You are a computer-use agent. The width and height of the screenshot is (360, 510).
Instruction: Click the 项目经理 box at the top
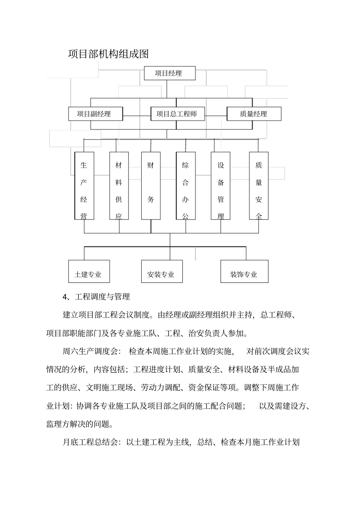click(x=169, y=73)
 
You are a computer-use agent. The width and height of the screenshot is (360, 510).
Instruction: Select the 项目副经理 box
click(x=95, y=114)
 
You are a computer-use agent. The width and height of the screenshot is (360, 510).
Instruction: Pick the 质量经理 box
click(x=254, y=114)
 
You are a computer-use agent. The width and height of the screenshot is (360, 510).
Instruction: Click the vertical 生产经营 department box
click(x=84, y=186)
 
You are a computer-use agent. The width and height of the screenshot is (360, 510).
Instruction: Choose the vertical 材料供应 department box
click(x=119, y=186)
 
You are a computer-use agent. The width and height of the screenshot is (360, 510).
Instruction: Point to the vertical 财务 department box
click(x=151, y=186)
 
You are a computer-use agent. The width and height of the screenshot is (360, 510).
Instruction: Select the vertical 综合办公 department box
click(x=186, y=186)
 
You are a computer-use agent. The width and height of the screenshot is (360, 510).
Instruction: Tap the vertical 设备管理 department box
click(x=221, y=186)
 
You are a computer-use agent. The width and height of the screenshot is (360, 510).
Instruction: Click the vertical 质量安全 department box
click(x=259, y=186)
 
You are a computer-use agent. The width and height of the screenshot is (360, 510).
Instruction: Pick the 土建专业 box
click(x=89, y=271)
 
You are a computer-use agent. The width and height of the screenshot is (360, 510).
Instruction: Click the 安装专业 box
click(x=162, y=271)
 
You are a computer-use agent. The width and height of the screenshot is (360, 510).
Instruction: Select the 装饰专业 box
click(x=244, y=271)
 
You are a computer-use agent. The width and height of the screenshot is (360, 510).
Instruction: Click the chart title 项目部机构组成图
click(x=108, y=54)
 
